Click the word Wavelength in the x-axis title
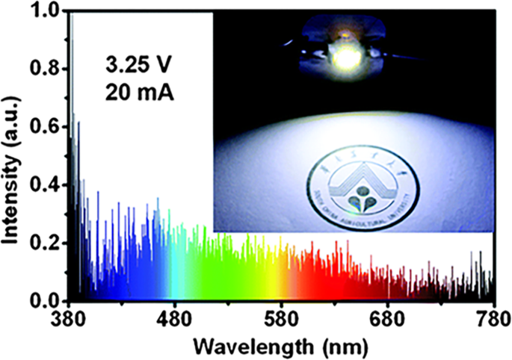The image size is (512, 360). pyautogui.click(x=250, y=345)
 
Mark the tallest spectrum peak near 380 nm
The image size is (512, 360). pyautogui.click(x=72, y=22)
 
